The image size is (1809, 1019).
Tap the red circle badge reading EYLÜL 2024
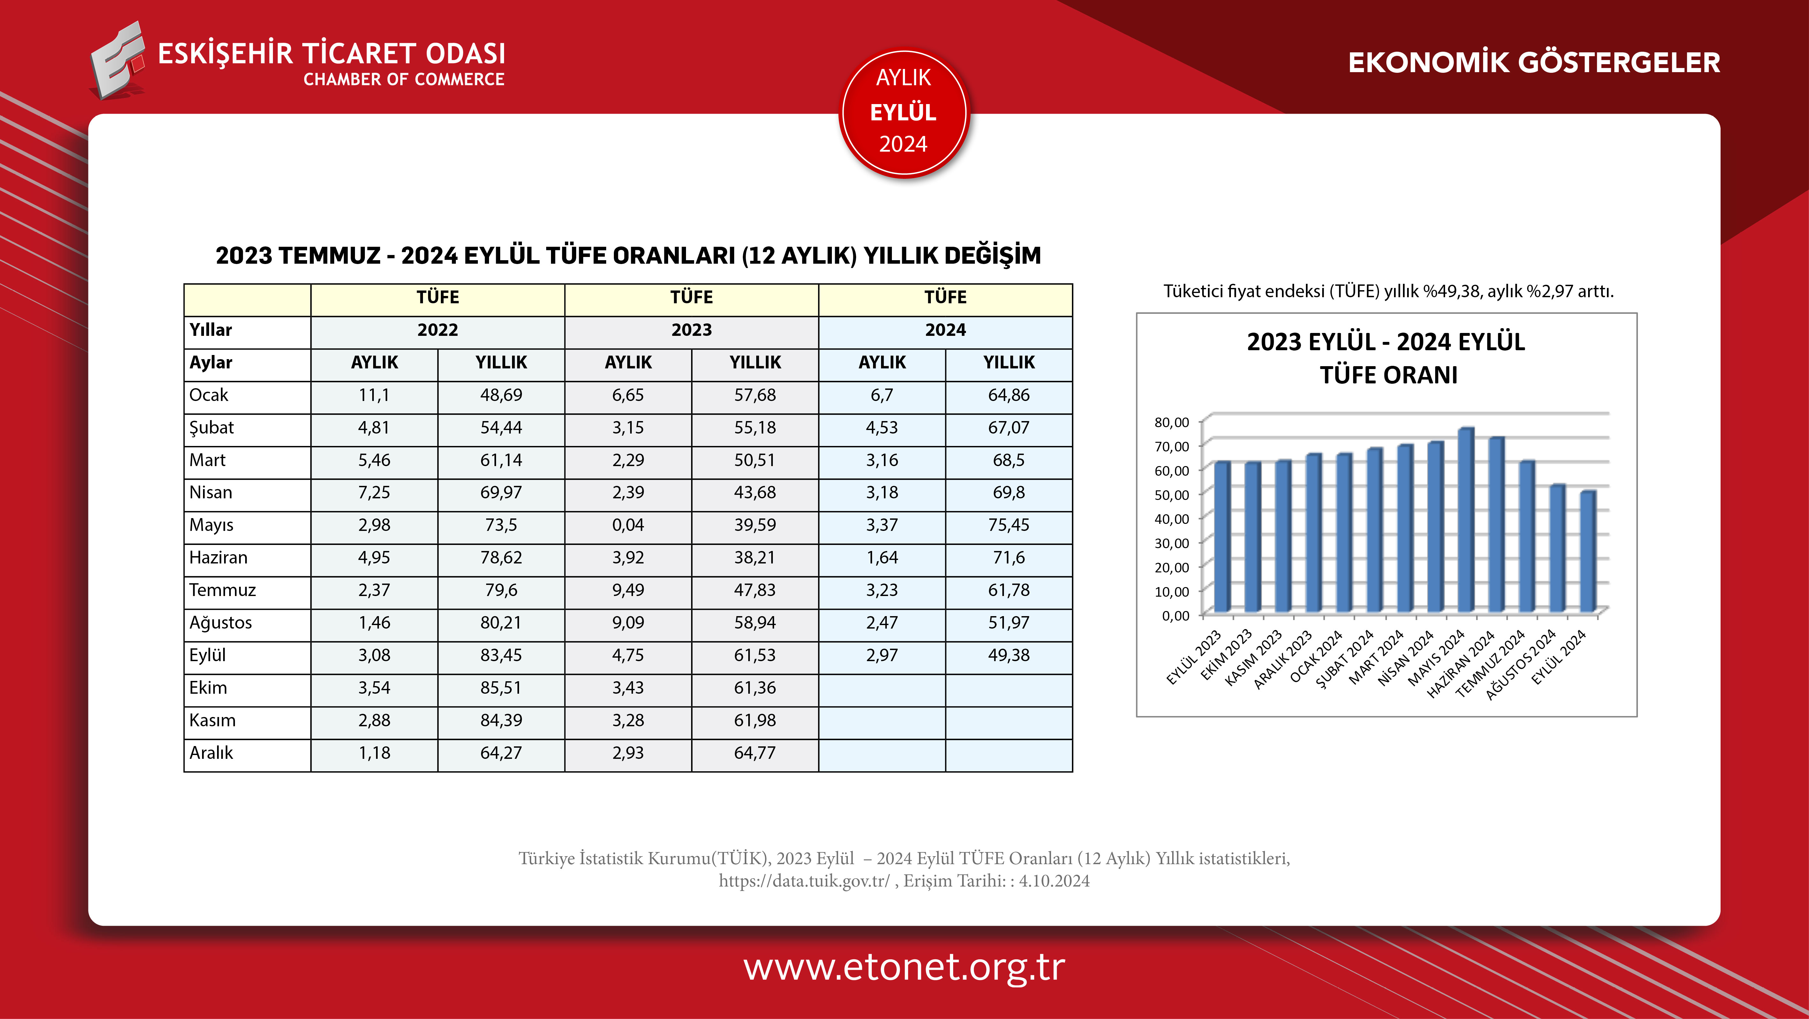tap(904, 112)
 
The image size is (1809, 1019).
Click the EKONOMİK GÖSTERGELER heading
tap(1534, 63)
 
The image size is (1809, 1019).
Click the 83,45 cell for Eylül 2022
tap(501, 655)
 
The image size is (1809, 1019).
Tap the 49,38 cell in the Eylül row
tap(1008, 655)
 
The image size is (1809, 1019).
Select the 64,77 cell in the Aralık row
tap(755, 753)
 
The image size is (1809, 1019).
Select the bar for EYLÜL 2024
tap(1587, 551)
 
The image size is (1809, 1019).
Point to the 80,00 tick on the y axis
tap(1171, 422)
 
